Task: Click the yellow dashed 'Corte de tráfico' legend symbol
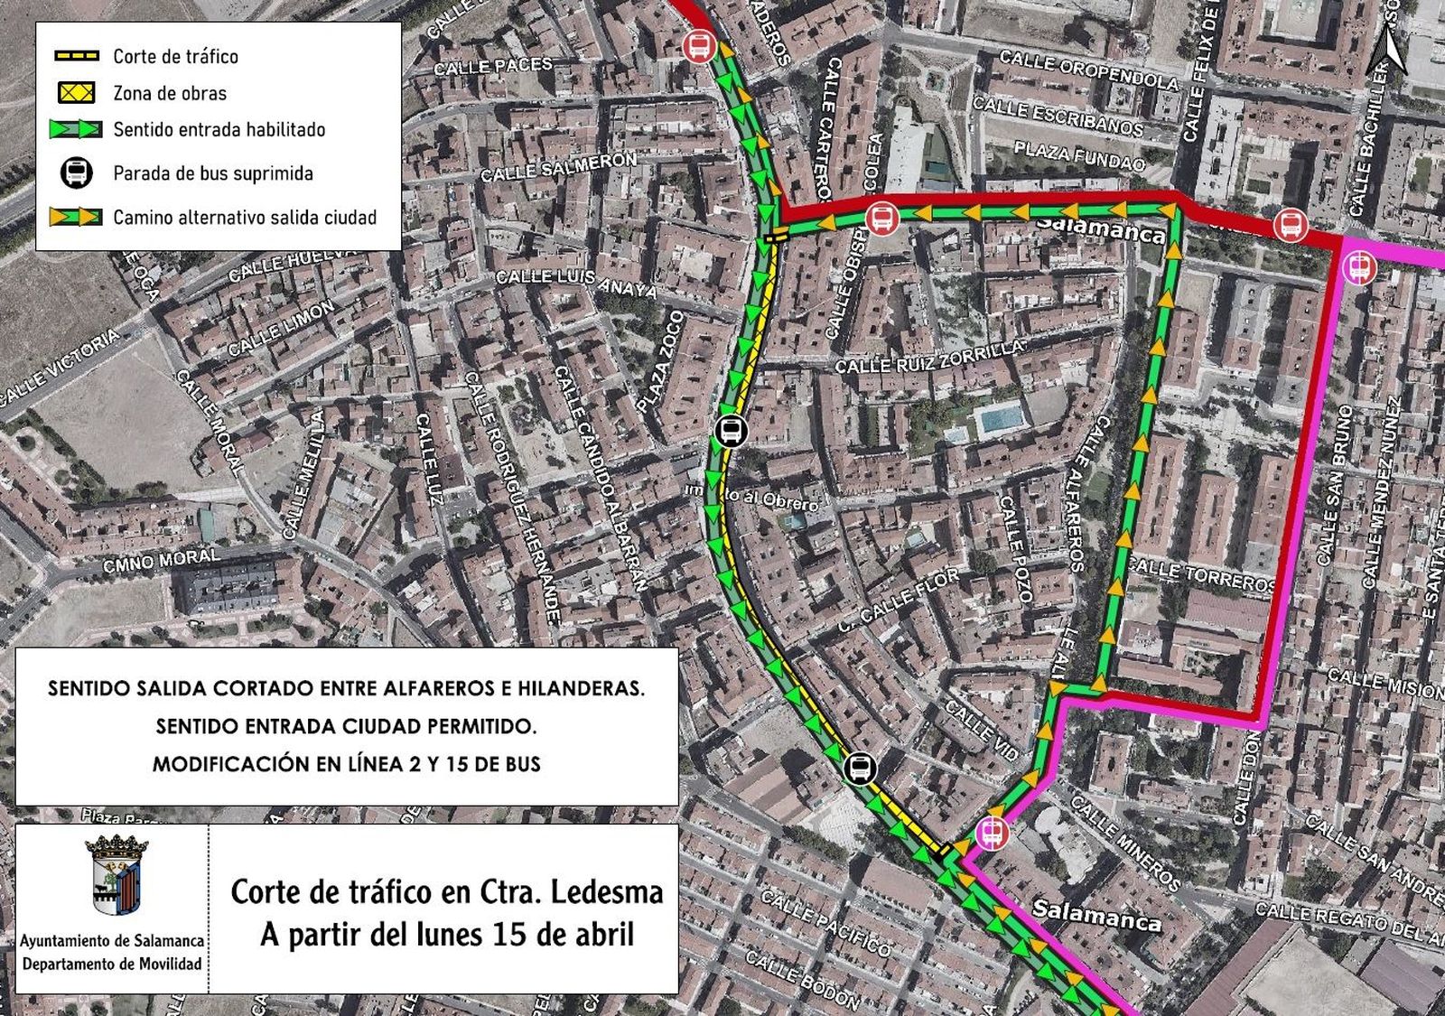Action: click(x=77, y=56)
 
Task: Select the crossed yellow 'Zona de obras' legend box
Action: click(x=77, y=92)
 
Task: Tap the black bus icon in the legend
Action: click(x=77, y=172)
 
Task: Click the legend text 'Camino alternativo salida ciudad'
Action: click(x=244, y=218)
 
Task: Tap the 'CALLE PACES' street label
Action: click(x=493, y=66)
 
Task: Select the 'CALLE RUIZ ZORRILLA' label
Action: click(x=930, y=359)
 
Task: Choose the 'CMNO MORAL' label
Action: click(x=161, y=561)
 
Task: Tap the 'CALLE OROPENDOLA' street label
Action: click(x=1088, y=70)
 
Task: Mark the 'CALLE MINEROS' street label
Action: click(x=1124, y=841)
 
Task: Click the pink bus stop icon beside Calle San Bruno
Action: click(x=1358, y=267)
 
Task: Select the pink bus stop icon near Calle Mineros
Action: click(x=993, y=832)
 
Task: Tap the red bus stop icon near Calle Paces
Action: click(x=699, y=44)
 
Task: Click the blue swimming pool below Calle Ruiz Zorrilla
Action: click(x=1002, y=419)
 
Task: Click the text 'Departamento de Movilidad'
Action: click(x=112, y=964)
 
